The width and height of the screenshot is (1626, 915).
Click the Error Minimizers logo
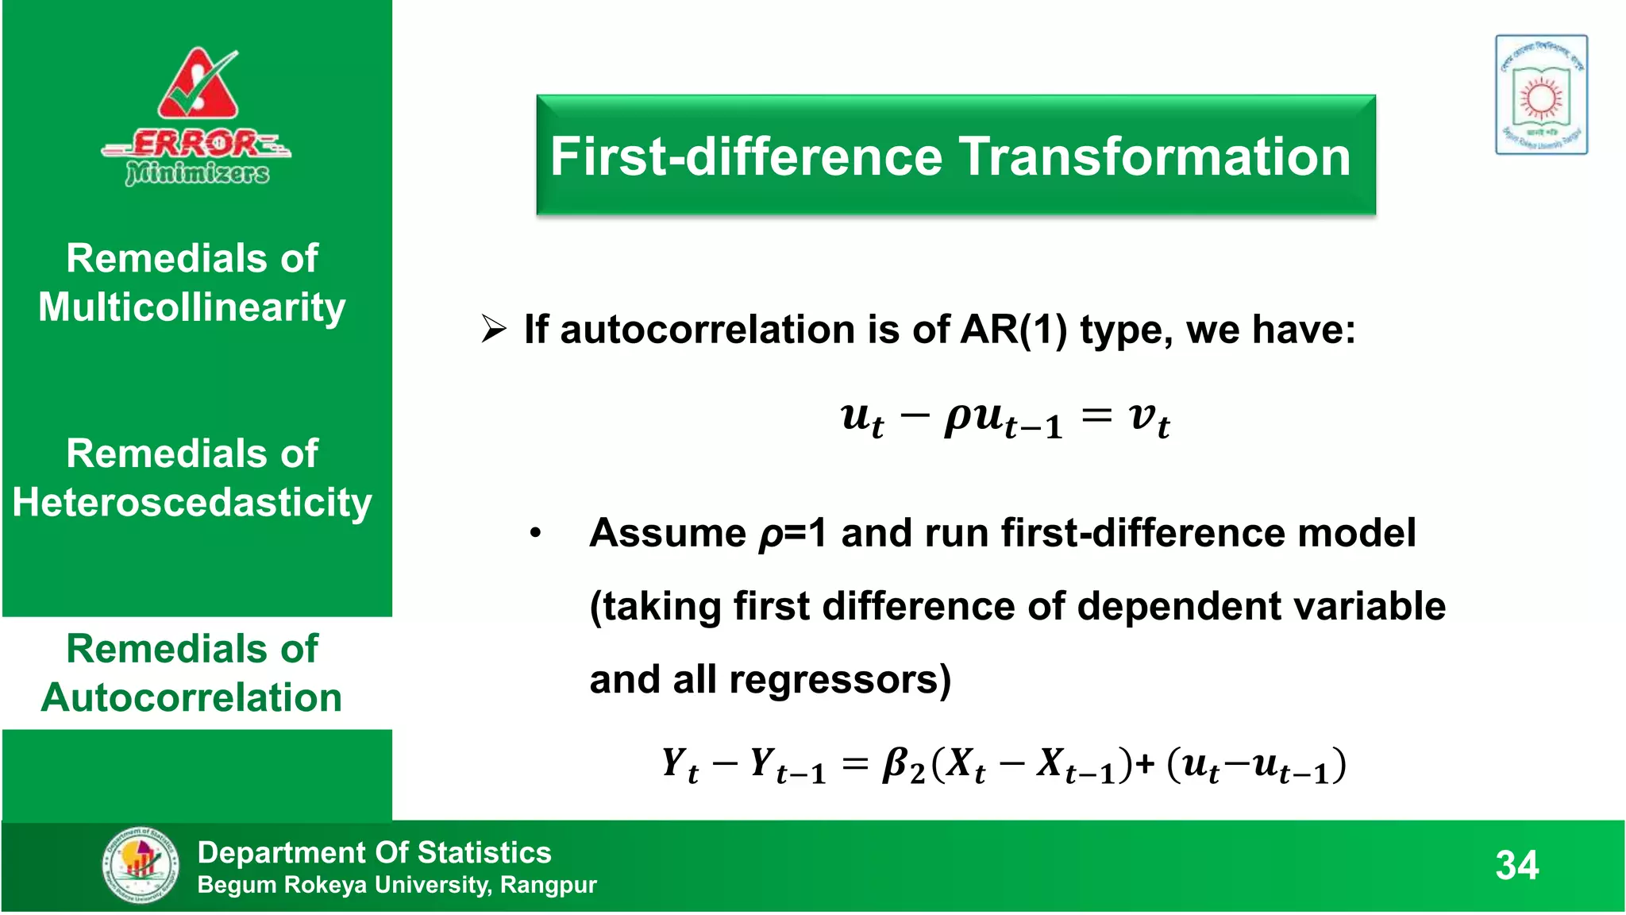pyautogui.click(x=196, y=118)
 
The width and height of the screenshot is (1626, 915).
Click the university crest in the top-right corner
pyautogui.click(x=1540, y=95)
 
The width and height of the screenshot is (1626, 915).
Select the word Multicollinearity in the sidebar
pyautogui.click(x=192, y=308)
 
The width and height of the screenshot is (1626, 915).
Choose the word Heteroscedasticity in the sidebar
pyautogui.click(x=192, y=503)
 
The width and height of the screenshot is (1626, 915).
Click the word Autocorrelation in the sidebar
pyautogui.click(x=192, y=698)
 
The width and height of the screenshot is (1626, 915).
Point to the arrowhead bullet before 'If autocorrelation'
pyautogui.click(x=493, y=329)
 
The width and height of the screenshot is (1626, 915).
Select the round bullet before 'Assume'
pyautogui.click(x=536, y=533)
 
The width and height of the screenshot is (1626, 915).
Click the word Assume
pyautogui.click(x=668, y=533)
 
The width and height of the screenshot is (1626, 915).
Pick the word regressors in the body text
pyautogui.click(x=839, y=680)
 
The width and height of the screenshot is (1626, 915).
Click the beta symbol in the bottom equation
pyautogui.click(x=900, y=765)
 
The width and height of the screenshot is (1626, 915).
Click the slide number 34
pyautogui.click(x=1516, y=865)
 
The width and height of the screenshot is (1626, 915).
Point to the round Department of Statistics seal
pyautogui.click(x=140, y=865)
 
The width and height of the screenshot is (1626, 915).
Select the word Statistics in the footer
pyautogui.click(x=484, y=852)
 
